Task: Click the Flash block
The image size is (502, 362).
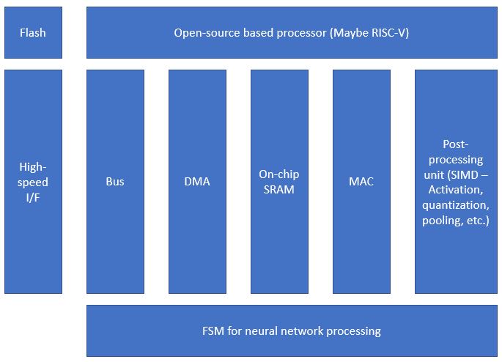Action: (x=33, y=33)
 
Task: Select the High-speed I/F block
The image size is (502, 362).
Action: (x=33, y=182)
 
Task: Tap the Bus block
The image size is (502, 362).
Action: (x=115, y=182)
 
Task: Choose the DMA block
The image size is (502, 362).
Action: (x=197, y=182)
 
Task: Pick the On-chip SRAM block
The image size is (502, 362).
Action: (x=279, y=182)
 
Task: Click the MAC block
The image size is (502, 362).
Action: (x=361, y=182)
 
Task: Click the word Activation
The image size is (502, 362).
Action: (x=456, y=190)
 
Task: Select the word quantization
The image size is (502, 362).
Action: (x=456, y=205)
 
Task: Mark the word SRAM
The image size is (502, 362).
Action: (x=279, y=190)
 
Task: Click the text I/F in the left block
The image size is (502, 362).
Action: (x=33, y=197)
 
